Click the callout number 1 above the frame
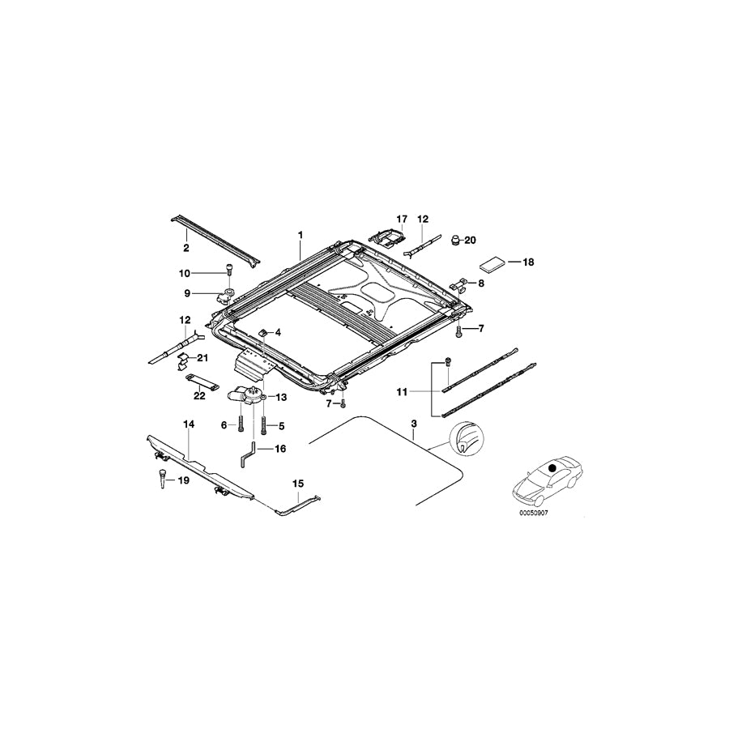pos(300,234)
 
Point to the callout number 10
pos(185,273)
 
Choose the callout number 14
pos(188,424)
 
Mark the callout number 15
pos(298,484)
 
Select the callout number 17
pos(399,220)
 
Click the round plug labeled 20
pos(456,239)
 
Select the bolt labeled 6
pos(241,424)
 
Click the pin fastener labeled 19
pos(161,478)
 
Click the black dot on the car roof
pos(552,468)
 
